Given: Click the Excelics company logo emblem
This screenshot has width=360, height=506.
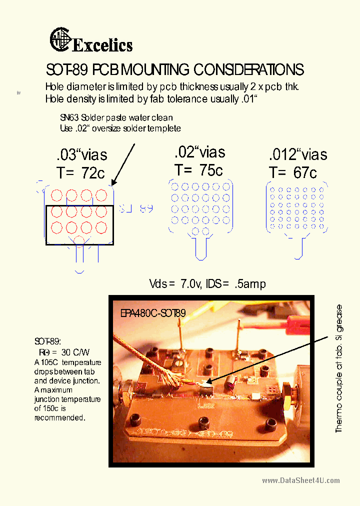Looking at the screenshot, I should click(60, 40).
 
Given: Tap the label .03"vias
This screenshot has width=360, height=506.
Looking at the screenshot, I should click(82, 154).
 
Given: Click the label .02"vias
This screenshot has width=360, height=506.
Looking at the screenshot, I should click(200, 152).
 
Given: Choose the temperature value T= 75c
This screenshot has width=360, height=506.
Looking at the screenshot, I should click(198, 170).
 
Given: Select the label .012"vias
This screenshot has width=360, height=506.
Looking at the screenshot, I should click(298, 154).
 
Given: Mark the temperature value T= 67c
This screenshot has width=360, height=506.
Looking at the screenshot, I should click(293, 172).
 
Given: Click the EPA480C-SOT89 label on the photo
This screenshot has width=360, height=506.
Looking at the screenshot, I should click(153, 313).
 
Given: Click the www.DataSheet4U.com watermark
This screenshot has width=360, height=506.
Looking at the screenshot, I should click(300, 480).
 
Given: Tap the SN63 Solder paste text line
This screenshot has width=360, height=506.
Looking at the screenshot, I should click(116, 118).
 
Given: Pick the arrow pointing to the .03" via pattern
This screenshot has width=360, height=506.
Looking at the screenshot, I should click(123, 165).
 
